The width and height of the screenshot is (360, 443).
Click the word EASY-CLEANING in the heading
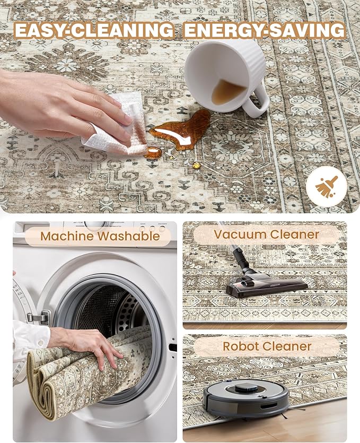pos(94,30)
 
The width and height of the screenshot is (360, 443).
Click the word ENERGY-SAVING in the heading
pos(265,30)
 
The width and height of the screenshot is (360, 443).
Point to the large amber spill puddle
pos(181,130)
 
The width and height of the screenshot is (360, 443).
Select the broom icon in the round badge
pos(327,186)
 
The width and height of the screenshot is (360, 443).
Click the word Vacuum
pos(240,234)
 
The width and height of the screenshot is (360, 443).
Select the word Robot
pos(240,346)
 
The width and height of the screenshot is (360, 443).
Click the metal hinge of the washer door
pos(39,318)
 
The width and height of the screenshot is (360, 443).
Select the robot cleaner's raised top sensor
pos(246,388)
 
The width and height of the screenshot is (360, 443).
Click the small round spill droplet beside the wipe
pos(153,153)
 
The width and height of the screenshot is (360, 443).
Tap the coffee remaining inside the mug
pos(227,91)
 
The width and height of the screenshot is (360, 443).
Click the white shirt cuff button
pos(40,343)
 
